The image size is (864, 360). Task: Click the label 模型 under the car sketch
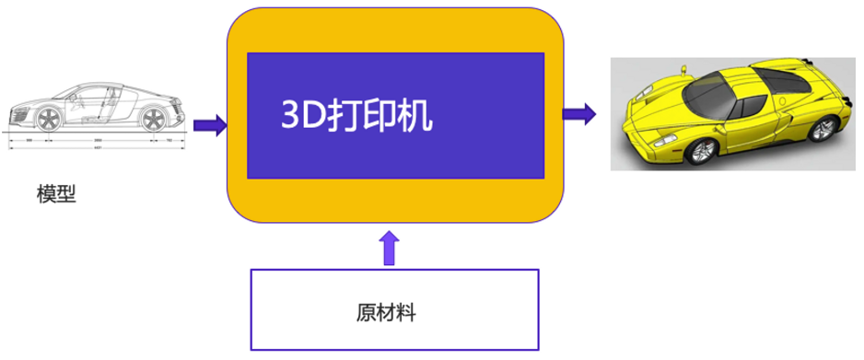coord(55,194)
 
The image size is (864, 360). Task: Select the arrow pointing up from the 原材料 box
coord(390,249)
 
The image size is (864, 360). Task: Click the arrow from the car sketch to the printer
coord(208,125)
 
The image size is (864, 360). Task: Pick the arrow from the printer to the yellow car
coord(578,115)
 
